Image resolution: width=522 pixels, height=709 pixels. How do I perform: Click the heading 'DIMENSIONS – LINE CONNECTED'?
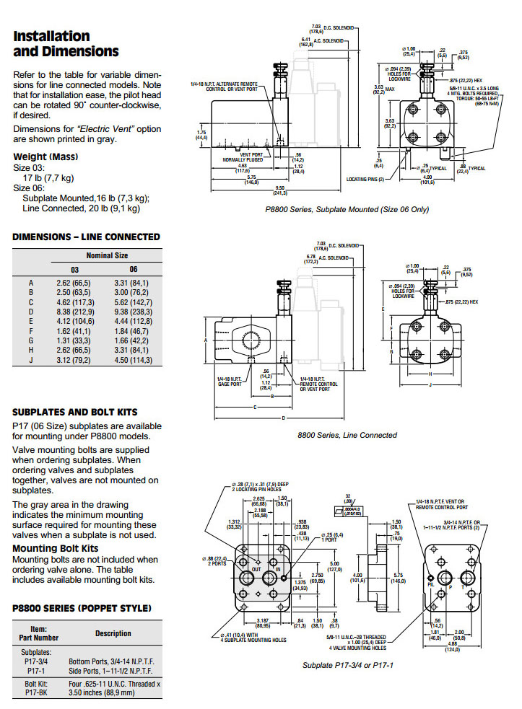tap(86, 237)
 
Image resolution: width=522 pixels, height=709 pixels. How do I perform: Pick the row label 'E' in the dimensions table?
tap(31, 320)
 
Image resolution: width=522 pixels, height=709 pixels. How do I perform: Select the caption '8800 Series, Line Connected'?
tap(347, 435)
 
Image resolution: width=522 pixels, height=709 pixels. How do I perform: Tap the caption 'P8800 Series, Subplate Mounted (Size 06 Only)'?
tap(347, 209)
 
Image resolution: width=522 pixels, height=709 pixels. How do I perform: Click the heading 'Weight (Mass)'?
tap(46, 157)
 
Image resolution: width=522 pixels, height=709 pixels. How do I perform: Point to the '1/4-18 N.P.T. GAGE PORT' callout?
tap(229, 381)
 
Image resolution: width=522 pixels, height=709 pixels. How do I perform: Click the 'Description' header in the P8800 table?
tap(113, 633)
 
